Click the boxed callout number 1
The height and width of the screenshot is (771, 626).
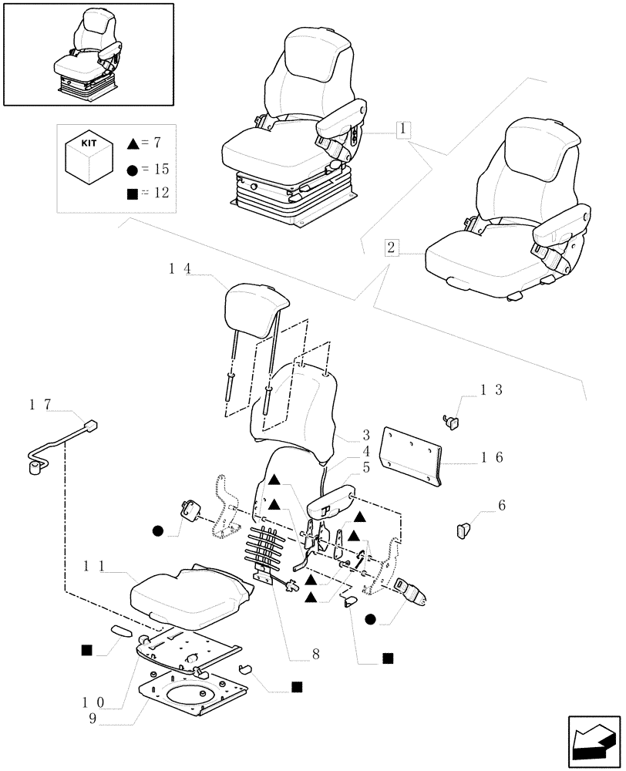pyautogui.click(x=404, y=130)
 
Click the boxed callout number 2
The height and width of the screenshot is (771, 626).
pyautogui.click(x=392, y=247)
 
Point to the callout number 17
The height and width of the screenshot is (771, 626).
pyautogui.click(x=40, y=404)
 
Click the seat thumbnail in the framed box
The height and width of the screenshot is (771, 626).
pyautogui.click(x=89, y=53)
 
